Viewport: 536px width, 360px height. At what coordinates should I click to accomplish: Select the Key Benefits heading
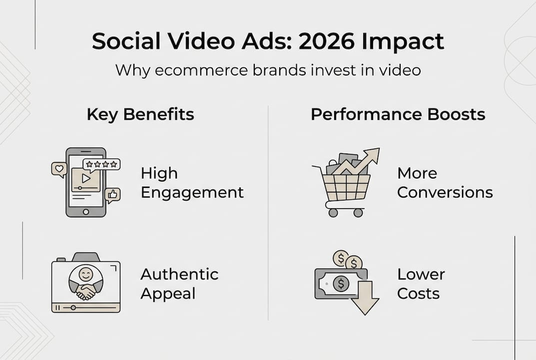tap(140, 114)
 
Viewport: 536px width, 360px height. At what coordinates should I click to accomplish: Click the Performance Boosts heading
tap(398, 114)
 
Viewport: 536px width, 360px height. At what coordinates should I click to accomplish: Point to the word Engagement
tap(192, 192)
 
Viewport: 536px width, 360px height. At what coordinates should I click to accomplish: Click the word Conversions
tap(445, 192)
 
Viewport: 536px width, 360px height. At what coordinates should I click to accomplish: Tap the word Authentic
tap(179, 274)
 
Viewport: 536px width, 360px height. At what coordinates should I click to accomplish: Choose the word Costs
tap(419, 293)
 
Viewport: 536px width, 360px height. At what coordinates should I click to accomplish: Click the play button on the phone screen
tap(86, 177)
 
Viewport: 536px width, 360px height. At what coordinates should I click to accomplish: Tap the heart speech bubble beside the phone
tap(59, 169)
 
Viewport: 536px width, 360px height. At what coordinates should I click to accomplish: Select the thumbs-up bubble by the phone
tap(113, 194)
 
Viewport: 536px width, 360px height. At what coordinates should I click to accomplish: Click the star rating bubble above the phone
tap(101, 164)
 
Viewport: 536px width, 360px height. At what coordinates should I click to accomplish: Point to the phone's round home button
tap(86, 211)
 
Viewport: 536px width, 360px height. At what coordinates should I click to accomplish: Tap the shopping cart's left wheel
tap(333, 212)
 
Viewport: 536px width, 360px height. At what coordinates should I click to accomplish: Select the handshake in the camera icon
tap(86, 291)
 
